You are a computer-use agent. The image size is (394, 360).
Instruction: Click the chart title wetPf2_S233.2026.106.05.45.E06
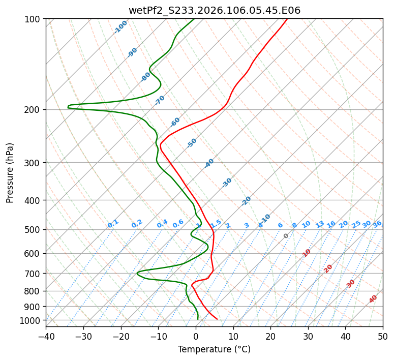[214, 10]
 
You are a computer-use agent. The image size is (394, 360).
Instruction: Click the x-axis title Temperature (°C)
[214, 350]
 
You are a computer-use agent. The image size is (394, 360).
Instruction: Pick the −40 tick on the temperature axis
[46, 337]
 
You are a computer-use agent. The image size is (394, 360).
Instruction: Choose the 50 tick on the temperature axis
[383, 337]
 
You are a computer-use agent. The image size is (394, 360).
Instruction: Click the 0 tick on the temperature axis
[196, 337]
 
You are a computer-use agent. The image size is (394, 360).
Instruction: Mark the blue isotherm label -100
[120, 27]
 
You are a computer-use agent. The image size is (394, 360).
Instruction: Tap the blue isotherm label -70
[160, 100]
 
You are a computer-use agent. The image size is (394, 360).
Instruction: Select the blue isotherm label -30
[227, 183]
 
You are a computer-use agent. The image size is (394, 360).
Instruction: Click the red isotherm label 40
[373, 299]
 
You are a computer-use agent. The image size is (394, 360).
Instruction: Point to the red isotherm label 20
[328, 268]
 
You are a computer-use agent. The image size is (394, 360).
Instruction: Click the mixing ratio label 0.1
[113, 224]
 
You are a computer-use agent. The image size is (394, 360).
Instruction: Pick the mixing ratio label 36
[377, 224]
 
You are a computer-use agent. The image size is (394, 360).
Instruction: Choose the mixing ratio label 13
[320, 224]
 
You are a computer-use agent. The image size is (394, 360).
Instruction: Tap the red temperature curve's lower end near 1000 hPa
[217, 319]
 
